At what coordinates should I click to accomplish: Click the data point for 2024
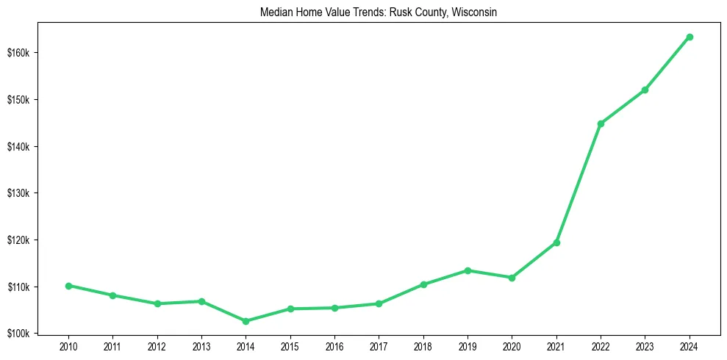point(690,37)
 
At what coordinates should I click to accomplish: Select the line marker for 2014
point(246,321)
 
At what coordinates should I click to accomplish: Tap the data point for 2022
point(601,123)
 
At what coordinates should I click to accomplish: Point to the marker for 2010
point(68,286)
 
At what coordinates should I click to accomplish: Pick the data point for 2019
point(468,270)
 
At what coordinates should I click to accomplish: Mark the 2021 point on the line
point(556,242)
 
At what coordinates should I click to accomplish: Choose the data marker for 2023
point(645,90)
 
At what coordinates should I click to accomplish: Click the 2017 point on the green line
point(379,303)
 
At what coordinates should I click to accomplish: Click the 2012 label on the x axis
point(157,345)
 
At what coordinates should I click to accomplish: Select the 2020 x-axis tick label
point(512,345)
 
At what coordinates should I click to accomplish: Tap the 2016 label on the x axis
point(334,345)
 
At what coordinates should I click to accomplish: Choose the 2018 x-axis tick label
point(423,345)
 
